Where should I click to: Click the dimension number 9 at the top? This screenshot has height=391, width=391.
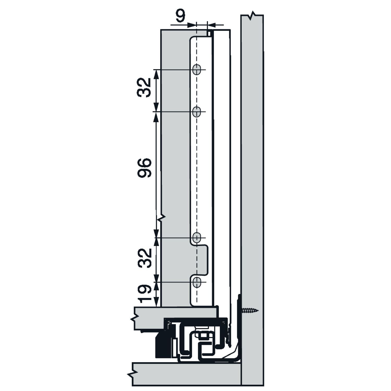pos(180,16)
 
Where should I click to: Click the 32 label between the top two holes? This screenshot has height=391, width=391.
pos(144,88)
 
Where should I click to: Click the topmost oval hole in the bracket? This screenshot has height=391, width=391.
pos(197,70)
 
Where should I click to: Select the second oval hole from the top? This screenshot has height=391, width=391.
pos(197,112)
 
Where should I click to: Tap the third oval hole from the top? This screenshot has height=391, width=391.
pos(197,238)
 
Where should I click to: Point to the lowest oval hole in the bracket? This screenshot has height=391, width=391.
pos(197,282)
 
